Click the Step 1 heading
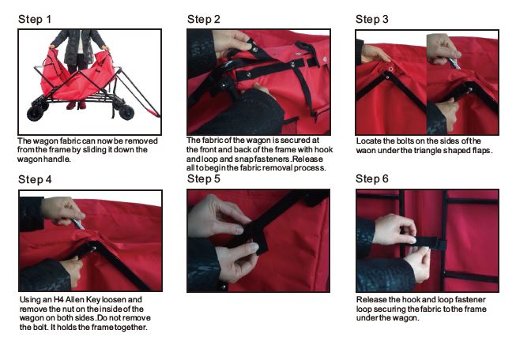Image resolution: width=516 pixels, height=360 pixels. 35,19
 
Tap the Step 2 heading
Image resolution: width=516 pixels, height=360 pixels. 204,19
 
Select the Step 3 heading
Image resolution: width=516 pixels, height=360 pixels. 372,19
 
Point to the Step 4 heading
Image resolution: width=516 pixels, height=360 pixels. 35,179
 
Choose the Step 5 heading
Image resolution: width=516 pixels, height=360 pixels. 204,179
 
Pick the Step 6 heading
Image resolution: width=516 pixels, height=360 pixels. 372,179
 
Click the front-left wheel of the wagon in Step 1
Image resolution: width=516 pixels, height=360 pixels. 36,113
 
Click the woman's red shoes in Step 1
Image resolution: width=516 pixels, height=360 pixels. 76,105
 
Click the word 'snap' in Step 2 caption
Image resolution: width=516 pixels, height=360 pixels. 244,159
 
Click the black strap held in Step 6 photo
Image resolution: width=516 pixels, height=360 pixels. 427,242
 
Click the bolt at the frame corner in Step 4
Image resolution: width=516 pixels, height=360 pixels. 93,249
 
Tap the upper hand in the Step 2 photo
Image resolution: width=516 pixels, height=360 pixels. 233,42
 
